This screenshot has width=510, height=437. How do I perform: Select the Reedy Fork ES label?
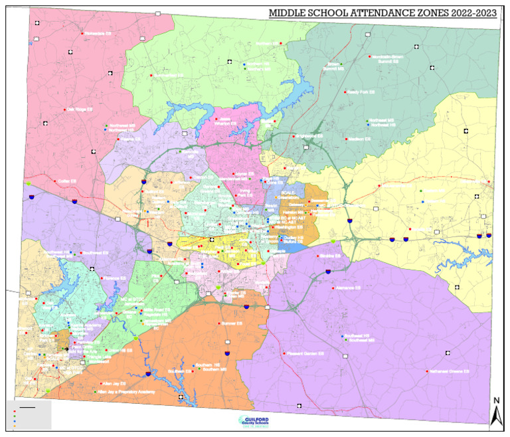tap(361, 92)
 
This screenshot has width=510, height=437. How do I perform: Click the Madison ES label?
tap(361, 139)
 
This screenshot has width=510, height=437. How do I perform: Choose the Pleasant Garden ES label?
tap(305, 353)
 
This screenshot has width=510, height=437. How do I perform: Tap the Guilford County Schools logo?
tap(254, 422)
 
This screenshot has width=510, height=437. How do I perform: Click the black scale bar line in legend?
tap(27, 404)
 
